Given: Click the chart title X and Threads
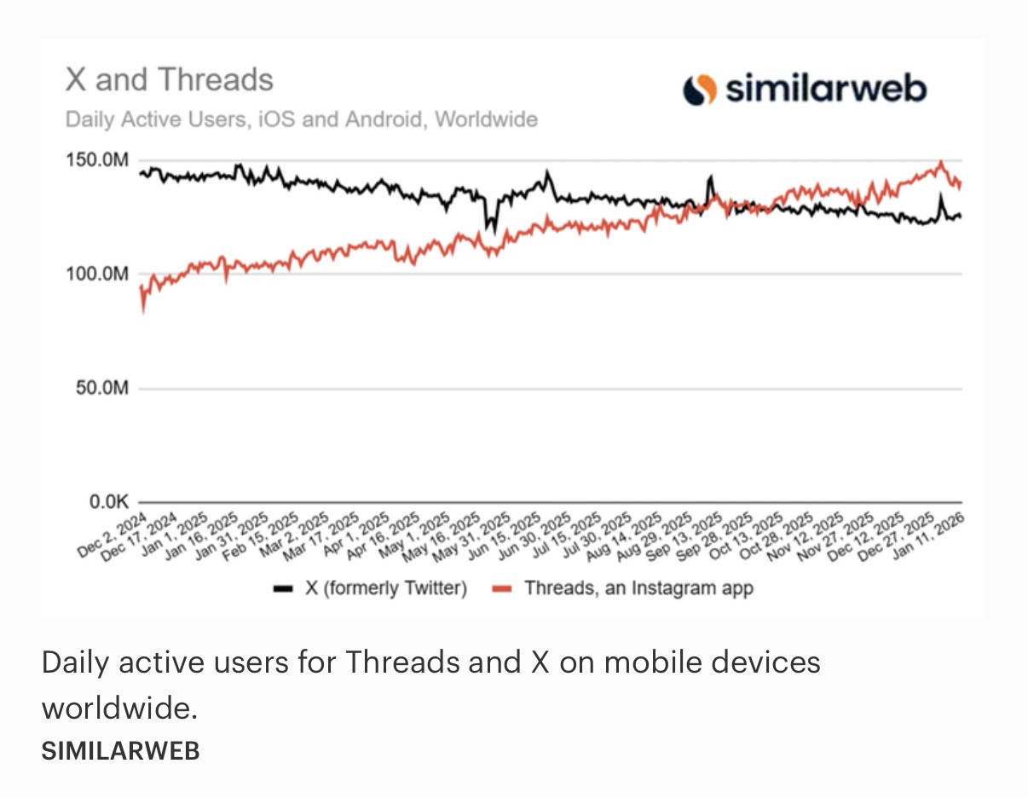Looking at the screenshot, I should point(169,80).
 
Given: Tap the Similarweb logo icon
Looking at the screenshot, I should point(699,90).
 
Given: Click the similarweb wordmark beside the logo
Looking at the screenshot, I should point(825,89).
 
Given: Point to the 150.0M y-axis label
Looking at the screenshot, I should point(97,160).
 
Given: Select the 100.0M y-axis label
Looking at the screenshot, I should point(97,275).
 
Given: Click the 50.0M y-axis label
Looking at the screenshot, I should point(101,389).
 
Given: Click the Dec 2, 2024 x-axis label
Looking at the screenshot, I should point(113,535).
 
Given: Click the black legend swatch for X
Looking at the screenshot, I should point(282,588).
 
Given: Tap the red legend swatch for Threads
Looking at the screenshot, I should point(502,588).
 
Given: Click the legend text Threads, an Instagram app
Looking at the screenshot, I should point(638,588).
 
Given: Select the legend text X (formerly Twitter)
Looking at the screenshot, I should point(385,588).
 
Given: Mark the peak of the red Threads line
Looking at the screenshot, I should point(940,162).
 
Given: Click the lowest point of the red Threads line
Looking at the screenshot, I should point(142,311).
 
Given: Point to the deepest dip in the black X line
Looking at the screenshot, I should point(488,230).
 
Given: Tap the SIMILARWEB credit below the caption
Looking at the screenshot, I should point(120,750).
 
